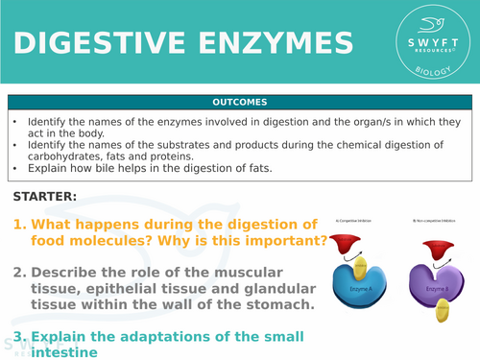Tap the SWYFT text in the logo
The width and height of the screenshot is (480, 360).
(x=429, y=46)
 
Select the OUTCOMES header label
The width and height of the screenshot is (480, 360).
(x=240, y=102)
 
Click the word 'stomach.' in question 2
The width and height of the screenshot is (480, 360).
(x=276, y=304)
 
